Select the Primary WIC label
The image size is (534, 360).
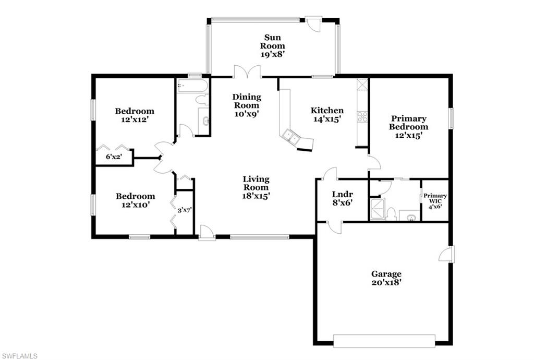[x=434, y=200]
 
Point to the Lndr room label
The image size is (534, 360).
[x=342, y=195]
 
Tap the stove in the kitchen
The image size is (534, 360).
[x=362, y=117]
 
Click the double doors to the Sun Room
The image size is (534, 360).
[x=247, y=72]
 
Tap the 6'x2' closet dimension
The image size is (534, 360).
[x=114, y=156]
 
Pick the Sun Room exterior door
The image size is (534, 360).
[x=313, y=23]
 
